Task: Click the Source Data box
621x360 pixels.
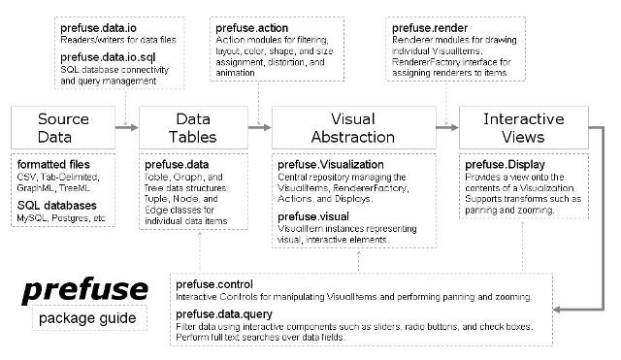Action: point(63,127)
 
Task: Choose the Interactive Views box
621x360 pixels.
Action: point(527,127)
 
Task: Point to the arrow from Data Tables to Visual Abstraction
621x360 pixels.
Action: point(257,127)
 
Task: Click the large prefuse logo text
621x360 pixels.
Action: point(85,289)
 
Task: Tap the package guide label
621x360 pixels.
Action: point(85,318)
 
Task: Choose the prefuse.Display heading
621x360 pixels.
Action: point(504,165)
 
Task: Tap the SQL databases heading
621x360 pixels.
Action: point(57,205)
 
